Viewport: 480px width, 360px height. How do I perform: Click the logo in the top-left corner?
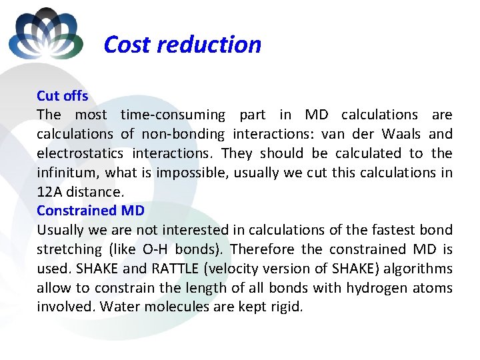click(46, 35)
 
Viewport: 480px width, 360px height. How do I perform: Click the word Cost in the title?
click(126, 45)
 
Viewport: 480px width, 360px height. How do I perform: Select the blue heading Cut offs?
click(63, 96)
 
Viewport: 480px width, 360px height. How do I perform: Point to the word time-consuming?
click(173, 115)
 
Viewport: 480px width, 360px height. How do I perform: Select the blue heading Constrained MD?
click(91, 211)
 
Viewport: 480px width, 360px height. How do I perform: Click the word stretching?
click(67, 249)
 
